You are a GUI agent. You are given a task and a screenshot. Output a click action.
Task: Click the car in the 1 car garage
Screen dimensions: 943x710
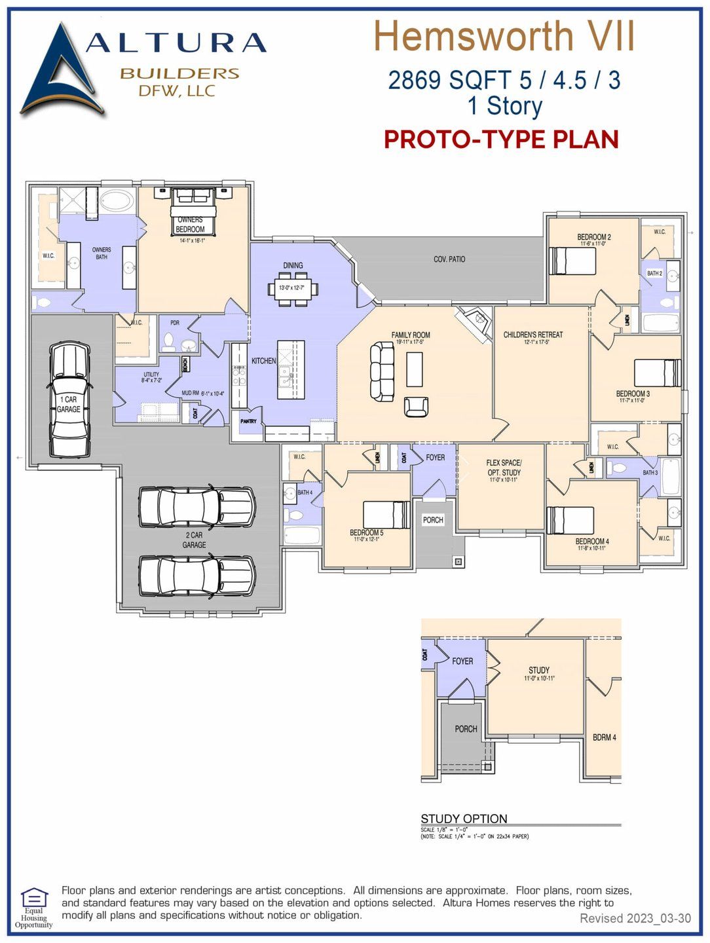point(69,399)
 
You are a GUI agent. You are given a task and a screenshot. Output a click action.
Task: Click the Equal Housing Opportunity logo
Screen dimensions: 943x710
point(33,906)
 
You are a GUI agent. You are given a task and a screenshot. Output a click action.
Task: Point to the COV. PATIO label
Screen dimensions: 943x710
point(449,259)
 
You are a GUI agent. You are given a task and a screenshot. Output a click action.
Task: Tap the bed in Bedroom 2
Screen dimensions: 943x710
point(572,261)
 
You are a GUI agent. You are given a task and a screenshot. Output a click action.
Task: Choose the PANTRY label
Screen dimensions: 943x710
point(248,421)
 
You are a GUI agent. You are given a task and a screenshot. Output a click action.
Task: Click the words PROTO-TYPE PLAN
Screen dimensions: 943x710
point(501,139)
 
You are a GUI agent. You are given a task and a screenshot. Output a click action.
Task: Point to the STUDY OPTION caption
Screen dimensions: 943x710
point(464,819)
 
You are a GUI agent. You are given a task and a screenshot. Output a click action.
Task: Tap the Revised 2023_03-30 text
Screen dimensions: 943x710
point(635,918)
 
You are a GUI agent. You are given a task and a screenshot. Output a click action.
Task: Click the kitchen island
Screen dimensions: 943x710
point(291,370)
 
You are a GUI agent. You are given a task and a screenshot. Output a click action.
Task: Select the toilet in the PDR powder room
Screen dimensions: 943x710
point(169,342)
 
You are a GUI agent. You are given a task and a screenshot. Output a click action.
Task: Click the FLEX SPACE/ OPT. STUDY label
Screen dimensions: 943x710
point(504,468)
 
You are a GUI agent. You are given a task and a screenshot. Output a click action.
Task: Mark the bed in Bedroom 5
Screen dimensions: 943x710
point(386,515)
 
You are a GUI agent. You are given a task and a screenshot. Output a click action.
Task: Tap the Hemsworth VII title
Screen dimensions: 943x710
point(504,37)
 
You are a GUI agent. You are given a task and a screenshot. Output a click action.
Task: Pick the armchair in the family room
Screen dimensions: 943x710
point(416,406)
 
